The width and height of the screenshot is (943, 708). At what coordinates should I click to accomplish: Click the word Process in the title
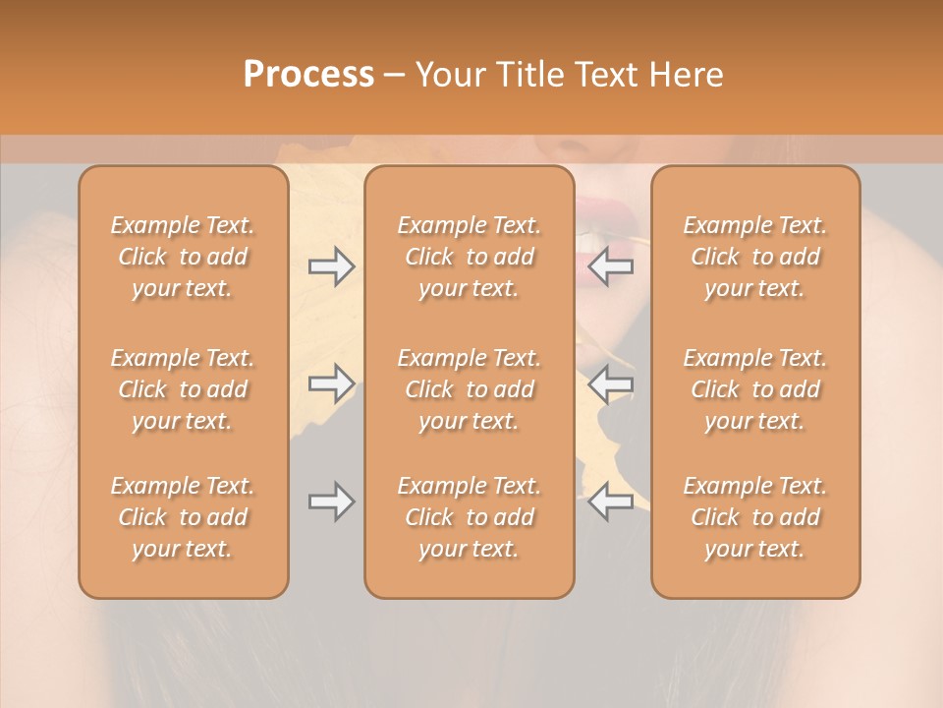tap(308, 74)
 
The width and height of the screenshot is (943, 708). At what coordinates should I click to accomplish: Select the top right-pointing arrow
tap(331, 266)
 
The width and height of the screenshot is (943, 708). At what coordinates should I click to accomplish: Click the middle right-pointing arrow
tap(331, 383)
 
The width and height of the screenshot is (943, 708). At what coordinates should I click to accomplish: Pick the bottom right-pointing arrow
tap(331, 501)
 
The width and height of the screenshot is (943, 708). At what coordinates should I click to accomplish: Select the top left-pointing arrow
tap(611, 266)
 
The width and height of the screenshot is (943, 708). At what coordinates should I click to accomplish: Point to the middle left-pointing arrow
tap(611, 383)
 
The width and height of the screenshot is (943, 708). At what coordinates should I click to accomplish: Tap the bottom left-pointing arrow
tap(611, 501)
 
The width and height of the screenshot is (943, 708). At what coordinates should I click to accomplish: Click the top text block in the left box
tap(183, 257)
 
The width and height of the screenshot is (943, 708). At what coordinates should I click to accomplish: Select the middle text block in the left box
tap(183, 389)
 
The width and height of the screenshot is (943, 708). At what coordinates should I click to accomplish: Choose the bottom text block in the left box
tap(183, 517)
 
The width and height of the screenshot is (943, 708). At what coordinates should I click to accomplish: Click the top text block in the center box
tap(469, 257)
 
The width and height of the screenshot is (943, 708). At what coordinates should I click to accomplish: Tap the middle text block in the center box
tap(469, 389)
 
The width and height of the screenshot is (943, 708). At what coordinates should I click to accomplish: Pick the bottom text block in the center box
tap(469, 517)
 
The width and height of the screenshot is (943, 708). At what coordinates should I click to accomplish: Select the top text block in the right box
tap(754, 257)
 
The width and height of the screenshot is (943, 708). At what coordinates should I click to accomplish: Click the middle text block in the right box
tap(754, 389)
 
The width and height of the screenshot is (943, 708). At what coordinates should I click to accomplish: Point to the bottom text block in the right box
tap(754, 517)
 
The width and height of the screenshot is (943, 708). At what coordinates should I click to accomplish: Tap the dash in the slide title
tap(394, 75)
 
